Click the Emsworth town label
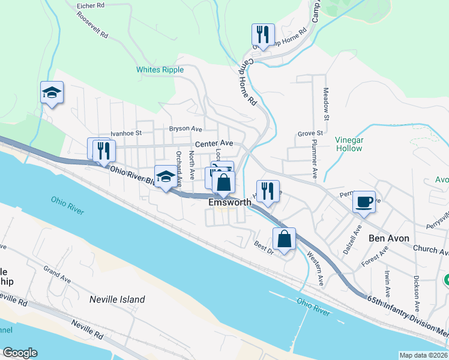229,203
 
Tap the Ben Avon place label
389,238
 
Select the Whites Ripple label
160,70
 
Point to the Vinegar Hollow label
349,144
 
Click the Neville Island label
117,299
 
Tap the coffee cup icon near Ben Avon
364,201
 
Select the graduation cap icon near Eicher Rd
52,93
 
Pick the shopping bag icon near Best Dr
285,238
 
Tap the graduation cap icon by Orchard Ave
166,176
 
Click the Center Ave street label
214,143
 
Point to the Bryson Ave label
185,128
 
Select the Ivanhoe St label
125,133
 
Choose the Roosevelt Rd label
92,25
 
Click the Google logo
20,353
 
